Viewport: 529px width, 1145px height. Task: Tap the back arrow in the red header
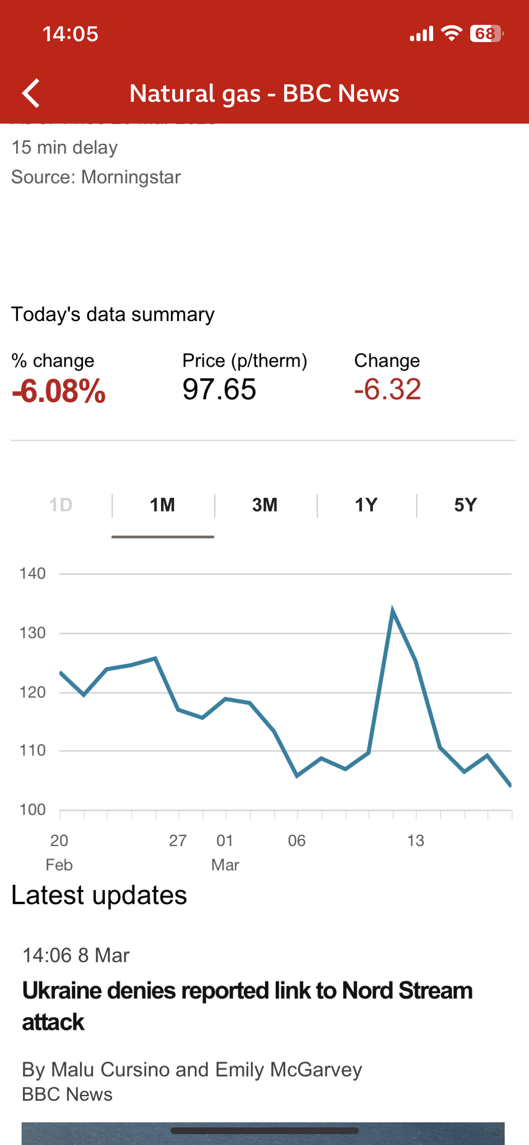point(31,93)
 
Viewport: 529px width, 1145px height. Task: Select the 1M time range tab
point(162,505)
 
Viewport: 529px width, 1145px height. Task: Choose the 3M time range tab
point(265,505)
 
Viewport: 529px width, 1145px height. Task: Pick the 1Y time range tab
point(366,505)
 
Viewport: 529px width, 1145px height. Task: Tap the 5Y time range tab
point(465,505)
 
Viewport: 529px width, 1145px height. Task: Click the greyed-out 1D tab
point(61,505)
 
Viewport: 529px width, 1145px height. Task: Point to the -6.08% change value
point(59,391)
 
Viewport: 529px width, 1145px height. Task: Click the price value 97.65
point(219,389)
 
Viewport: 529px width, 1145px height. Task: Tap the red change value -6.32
point(387,389)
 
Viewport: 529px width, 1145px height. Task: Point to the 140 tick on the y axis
point(33,573)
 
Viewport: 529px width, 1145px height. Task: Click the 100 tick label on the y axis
point(33,809)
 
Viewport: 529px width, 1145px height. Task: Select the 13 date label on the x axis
point(416,841)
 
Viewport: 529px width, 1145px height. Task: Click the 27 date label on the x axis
point(178,841)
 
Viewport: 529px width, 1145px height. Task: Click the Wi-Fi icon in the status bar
point(451,33)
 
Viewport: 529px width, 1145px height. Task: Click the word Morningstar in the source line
point(131,177)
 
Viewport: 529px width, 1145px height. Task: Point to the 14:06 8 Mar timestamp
point(76,956)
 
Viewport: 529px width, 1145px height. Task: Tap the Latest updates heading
point(99,895)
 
